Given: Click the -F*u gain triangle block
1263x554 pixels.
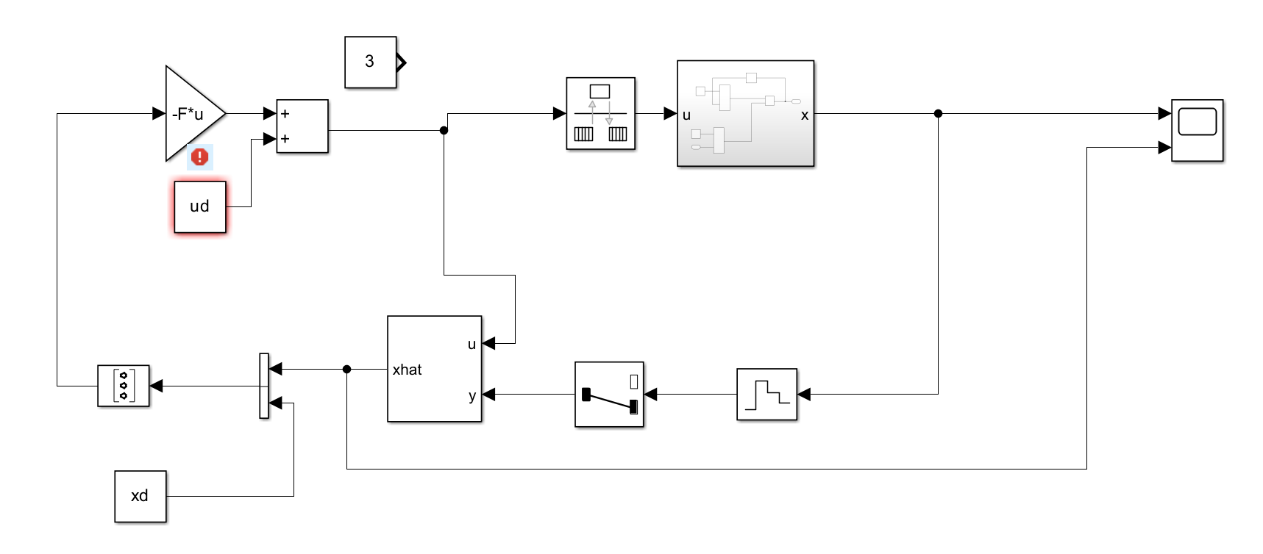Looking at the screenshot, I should [190, 114].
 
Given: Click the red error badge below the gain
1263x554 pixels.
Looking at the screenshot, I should [199, 157].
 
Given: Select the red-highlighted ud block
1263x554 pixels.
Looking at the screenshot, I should [200, 206].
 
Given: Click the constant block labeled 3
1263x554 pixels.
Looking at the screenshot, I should [370, 62].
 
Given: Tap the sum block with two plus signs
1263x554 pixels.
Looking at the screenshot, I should [302, 126].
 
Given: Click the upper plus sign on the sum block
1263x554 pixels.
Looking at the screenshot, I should [285, 114].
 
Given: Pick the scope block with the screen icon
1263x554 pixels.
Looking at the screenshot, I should [1197, 130].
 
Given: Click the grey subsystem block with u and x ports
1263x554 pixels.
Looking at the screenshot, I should [745, 114].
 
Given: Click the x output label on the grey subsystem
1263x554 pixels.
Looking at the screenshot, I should [805, 115].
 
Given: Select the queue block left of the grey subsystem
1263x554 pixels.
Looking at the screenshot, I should [600, 114].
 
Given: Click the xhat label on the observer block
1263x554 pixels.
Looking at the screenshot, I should [407, 370].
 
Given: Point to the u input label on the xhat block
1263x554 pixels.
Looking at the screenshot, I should [472, 344].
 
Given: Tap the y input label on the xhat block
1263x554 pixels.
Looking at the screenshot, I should [472, 395].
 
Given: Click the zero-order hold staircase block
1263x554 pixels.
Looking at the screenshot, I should [766, 395].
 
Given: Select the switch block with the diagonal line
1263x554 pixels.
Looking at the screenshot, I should [609, 395].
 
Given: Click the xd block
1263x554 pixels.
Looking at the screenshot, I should [140, 496].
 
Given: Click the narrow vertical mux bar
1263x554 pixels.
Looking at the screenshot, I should [264, 386].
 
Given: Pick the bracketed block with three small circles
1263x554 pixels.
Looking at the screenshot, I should [124, 386].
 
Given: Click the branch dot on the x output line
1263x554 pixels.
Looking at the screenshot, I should [938, 114].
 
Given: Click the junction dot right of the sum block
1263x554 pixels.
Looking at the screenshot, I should [444, 131].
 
